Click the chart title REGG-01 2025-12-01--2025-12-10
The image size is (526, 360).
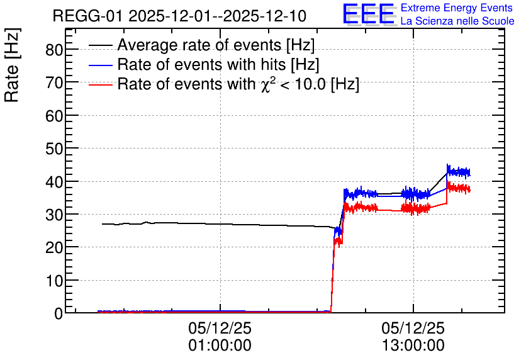click(x=179, y=16)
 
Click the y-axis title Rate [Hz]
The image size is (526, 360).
click(x=13, y=65)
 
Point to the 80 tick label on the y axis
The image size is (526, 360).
click(x=54, y=50)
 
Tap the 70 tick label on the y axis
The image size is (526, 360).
click(x=54, y=82)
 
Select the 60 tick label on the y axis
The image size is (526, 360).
click(x=54, y=116)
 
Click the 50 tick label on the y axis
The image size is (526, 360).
click(x=54, y=149)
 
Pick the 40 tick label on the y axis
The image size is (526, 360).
click(x=54, y=181)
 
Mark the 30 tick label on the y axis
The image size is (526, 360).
click(x=54, y=215)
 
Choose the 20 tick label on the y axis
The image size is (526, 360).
click(x=54, y=247)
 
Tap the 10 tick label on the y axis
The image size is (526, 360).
click(x=54, y=281)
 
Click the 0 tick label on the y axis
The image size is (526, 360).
click(x=59, y=313)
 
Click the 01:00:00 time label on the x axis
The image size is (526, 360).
click(x=220, y=346)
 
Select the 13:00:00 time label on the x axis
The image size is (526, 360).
click(x=413, y=346)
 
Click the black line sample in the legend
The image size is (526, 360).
click(x=100, y=45)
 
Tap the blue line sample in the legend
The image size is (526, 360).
click(x=100, y=65)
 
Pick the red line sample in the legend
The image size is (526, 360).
click(x=100, y=84)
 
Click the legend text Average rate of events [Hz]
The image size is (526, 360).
click(x=216, y=45)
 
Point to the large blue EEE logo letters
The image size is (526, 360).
click(x=369, y=14)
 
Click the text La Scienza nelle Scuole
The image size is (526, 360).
click(x=457, y=21)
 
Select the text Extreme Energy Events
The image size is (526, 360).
click(x=457, y=8)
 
